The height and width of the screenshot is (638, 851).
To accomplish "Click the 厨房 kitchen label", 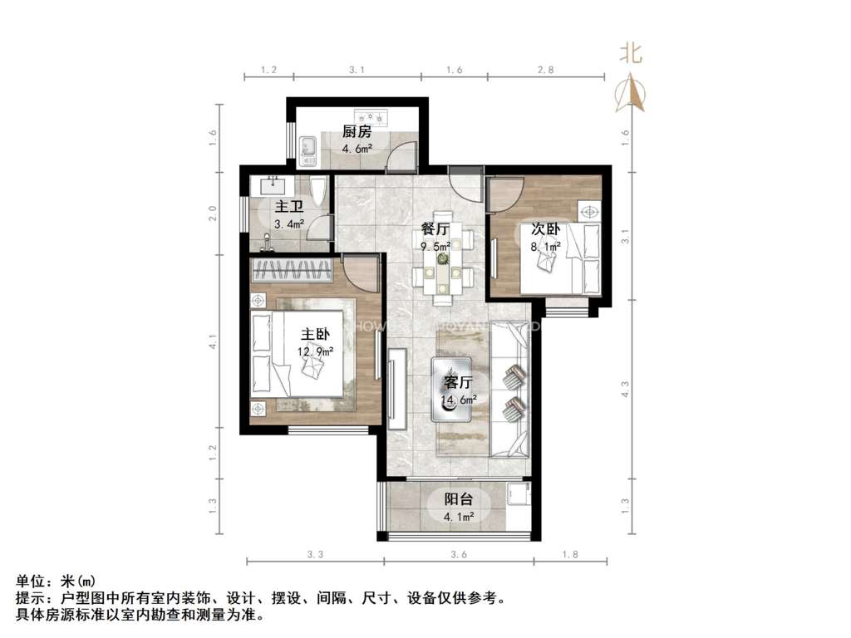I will [357, 132].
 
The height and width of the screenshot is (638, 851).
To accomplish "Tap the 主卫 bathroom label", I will [288, 207].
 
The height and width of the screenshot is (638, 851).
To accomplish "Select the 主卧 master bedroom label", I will [316, 335].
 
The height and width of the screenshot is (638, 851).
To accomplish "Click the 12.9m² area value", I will [317, 351].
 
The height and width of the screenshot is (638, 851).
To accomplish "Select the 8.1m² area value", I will [545, 246].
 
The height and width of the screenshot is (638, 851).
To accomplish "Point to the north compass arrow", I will [629, 93].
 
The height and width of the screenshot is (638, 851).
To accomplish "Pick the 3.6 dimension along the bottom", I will [458, 554].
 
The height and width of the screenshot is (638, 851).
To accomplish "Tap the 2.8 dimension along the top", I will [545, 71].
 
